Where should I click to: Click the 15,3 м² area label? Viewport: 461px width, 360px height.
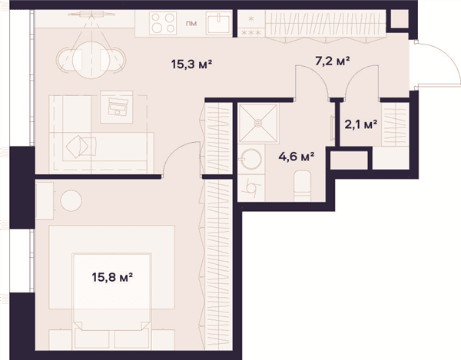point(191,64)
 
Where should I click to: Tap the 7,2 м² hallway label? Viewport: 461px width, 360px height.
point(332,61)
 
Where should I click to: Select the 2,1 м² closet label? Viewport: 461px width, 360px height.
point(361,125)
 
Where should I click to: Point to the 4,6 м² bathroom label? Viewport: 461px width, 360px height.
point(297,157)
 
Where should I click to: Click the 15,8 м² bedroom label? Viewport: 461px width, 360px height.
point(112,277)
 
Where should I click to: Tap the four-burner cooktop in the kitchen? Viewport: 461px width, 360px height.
point(163,23)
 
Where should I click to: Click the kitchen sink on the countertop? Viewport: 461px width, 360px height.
point(218,23)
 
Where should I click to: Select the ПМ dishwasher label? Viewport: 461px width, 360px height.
point(191,24)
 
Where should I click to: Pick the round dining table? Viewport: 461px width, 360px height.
point(91,60)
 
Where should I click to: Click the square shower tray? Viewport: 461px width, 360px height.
point(258,124)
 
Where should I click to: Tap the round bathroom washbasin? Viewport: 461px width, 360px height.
point(250,159)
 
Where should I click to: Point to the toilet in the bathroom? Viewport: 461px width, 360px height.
point(303,186)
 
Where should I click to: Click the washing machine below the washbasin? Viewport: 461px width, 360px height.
point(251,188)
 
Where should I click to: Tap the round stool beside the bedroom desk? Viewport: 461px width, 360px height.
point(71,200)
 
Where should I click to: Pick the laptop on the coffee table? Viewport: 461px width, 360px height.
point(118,106)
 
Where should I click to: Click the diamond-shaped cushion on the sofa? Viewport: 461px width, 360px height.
point(77,147)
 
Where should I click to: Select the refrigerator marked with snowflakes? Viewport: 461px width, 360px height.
point(251,24)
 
